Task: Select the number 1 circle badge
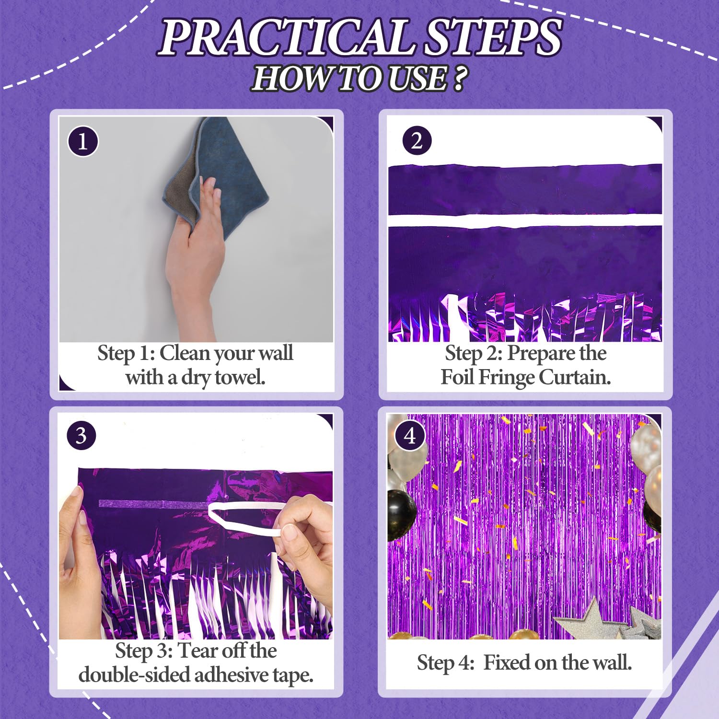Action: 83,141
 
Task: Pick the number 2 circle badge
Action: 417,141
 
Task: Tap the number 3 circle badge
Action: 81,436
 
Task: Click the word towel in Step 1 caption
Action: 240,377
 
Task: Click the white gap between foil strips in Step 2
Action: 525,221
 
